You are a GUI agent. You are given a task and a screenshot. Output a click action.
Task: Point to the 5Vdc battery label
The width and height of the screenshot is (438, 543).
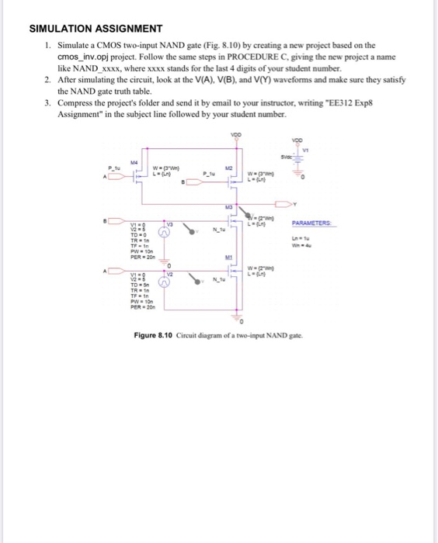pyautogui.click(x=294, y=155)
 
